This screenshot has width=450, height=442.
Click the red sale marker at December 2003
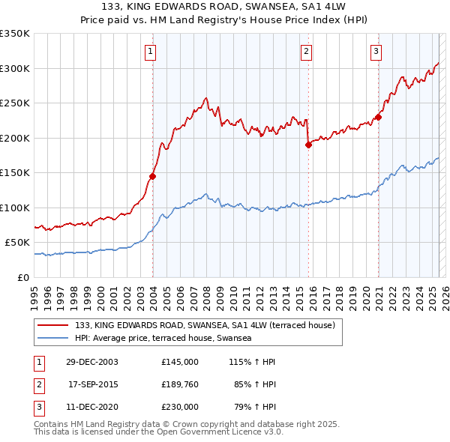[x=152, y=176]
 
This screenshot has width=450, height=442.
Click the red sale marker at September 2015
[x=308, y=145]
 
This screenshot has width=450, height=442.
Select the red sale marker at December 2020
[x=379, y=117]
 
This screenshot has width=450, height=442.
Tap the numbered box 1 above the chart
[x=151, y=52]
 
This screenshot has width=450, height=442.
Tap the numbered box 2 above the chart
[x=307, y=52]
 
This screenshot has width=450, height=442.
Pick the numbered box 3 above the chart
[x=376, y=52]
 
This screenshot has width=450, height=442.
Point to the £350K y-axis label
[x=15, y=34]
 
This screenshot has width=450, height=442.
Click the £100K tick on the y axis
[x=15, y=208]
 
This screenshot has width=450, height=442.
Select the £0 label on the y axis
[x=22, y=277]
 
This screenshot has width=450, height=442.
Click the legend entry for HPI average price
[x=163, y=338]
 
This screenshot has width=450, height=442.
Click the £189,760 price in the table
[x=180, y=384]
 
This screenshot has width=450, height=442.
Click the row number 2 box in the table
[x=39, y=384]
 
